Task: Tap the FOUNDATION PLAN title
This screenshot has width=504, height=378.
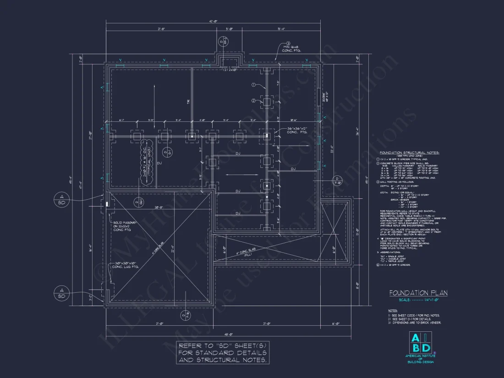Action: tap(418, 293)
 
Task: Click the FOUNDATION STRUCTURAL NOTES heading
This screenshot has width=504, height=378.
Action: tap(410, 153)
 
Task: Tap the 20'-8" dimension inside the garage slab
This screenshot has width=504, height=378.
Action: tap(159, 208)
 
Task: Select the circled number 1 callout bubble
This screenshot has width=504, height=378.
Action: tap(253, 85)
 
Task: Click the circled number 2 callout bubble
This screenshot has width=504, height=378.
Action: tap(253, 101)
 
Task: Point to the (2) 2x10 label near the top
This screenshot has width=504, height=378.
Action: tap(230, 70)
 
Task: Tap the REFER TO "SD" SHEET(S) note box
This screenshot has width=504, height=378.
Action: tap(222, 352)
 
